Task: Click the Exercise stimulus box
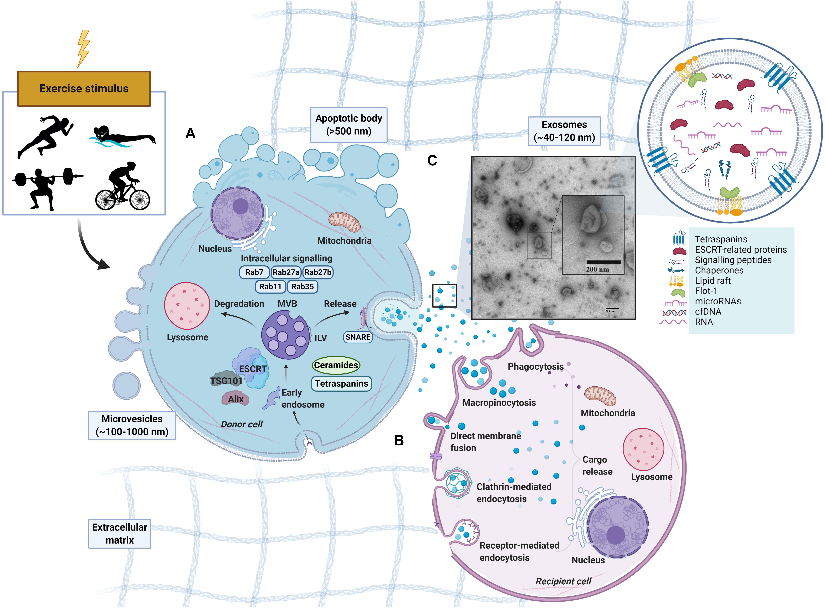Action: (84, 89)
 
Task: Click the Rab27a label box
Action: (286, 272)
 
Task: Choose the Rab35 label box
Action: (302, 287)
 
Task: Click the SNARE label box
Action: (358, 337)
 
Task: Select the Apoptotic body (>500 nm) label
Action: (348, 125)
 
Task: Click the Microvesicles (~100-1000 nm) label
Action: (132, 425)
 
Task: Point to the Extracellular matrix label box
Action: (120, 534)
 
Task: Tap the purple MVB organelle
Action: (285, 335)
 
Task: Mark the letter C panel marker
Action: (432, 160)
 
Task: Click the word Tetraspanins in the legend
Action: (721, 239)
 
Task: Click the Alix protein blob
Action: (236, 399)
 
